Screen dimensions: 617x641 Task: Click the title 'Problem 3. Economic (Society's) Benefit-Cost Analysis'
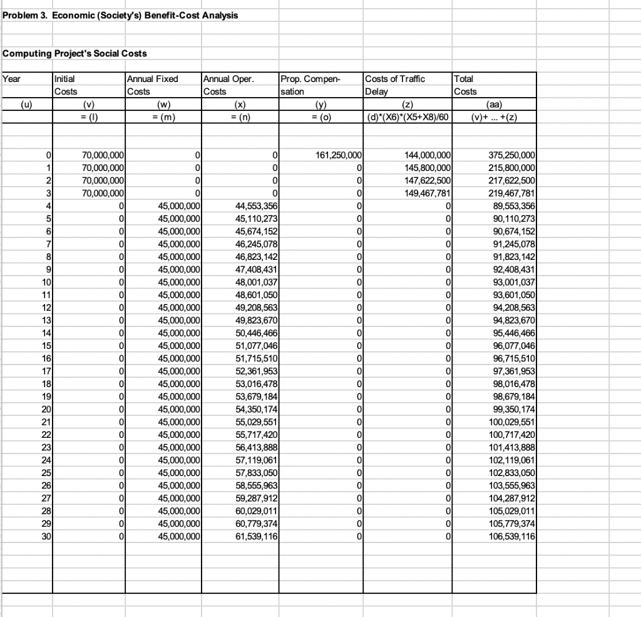pos(120,15)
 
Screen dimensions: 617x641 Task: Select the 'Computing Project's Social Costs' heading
pos(75,53)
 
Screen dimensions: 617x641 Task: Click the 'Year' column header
pos(12,79)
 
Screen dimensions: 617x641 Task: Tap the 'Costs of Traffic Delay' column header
pos(394,85)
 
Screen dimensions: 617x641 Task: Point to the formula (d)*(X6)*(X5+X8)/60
pos(408,116)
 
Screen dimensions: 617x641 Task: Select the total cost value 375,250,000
pos(513,154)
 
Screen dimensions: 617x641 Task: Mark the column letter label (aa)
pos(495,104)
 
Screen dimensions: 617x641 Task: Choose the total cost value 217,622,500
pos(513,180)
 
